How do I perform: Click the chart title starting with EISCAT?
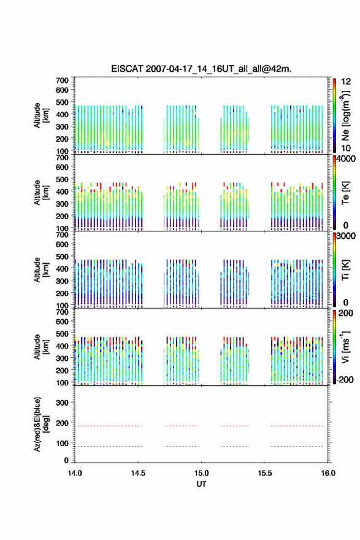click(201, 69)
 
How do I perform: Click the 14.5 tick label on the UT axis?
click(138, 473)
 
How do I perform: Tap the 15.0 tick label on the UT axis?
click(201, 473)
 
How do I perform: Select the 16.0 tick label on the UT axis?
click(328, 473)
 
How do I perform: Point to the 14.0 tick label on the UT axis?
click(75, 473)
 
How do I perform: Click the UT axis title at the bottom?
click(201, 484)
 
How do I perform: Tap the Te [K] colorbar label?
click(345, 193)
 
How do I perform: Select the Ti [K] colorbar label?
click(345, 269)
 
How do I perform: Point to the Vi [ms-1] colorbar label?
click(345, 347)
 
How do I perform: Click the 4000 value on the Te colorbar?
click(346, 159)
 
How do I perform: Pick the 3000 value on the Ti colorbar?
click(346, 236)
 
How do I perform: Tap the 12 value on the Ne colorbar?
click(346, 82)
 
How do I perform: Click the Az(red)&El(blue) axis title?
click(42, 424)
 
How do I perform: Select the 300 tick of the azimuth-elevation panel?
click(62, 403)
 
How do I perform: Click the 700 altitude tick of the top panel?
click(62, 80)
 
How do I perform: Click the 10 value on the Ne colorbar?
click(346, 148)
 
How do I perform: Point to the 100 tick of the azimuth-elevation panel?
click(62, 443)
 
